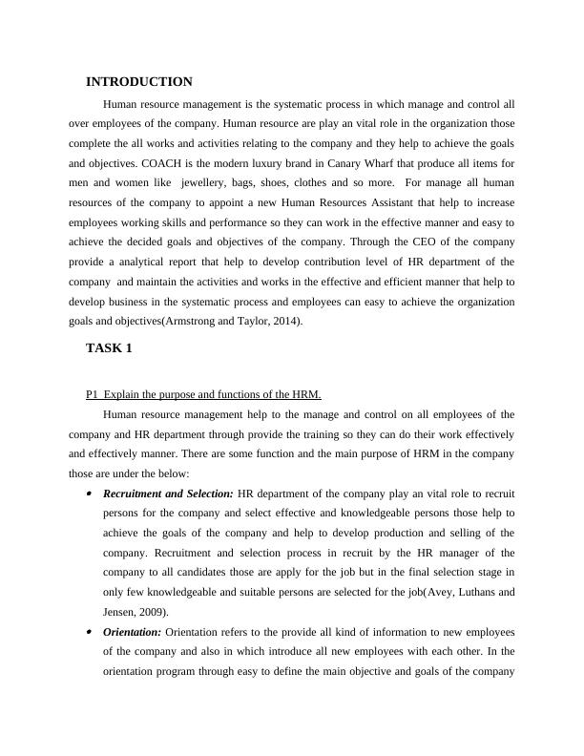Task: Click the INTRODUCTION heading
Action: [x=139, y=82]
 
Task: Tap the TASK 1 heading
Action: [x=109, y=348]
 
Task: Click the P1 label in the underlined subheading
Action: [x=92, y=394]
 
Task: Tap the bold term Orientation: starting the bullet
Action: [x=133, y=633]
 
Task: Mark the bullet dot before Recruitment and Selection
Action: [x=89, y=494]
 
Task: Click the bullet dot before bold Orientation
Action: [x=89, y=633]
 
